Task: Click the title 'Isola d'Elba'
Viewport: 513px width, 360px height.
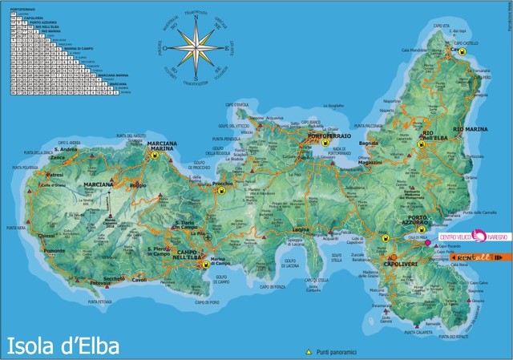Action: [x=63, y=346]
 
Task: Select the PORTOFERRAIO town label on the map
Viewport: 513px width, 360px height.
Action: [x=325, y=136]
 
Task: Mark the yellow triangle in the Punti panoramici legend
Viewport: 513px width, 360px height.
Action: [x=308, y=352]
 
